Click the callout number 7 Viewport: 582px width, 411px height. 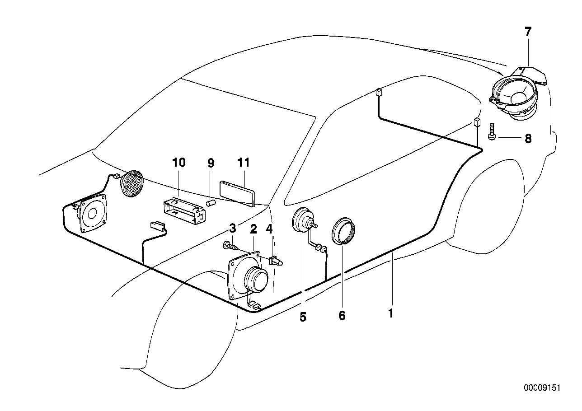[x=528, y=32]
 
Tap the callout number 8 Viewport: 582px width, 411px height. [x=528, y=138]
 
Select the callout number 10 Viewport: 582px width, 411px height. [x=179, y=163]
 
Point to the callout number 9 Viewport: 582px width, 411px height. [x=211, y=163]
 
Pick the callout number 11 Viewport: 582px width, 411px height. [x=243, y=163]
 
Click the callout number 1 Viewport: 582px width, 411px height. [x=390, y=313]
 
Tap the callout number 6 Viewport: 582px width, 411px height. [x=342, y=316]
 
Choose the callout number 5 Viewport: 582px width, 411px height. [x=303, y=317]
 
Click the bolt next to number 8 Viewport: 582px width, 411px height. [x=491, y=132]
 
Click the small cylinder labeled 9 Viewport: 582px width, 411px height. [x=211, y=202]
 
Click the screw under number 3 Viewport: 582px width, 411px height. [x=230, y=245]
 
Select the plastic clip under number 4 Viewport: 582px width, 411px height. [x=276, y=261]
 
